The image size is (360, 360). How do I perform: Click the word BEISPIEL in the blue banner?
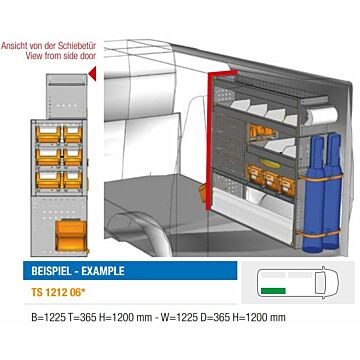click(52, 270)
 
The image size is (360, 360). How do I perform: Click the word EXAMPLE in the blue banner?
click(103, 270)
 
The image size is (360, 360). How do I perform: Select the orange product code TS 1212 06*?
click(58, 292)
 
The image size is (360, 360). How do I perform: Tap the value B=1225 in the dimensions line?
click(48, 317)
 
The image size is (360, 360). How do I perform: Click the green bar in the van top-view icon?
click(273, 291)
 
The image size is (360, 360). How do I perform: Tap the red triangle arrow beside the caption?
click(92, 73)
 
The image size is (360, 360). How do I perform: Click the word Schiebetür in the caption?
click(77, 46)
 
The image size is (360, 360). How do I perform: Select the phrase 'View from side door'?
click(61, 55)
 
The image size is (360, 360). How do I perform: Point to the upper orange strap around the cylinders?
click(320, 178)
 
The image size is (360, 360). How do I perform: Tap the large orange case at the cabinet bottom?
click(71, 235)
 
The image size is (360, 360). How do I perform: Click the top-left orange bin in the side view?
click(48, 134)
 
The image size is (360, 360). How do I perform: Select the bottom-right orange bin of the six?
click(73, 180)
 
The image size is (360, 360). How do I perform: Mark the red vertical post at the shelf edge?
click(210, 142)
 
